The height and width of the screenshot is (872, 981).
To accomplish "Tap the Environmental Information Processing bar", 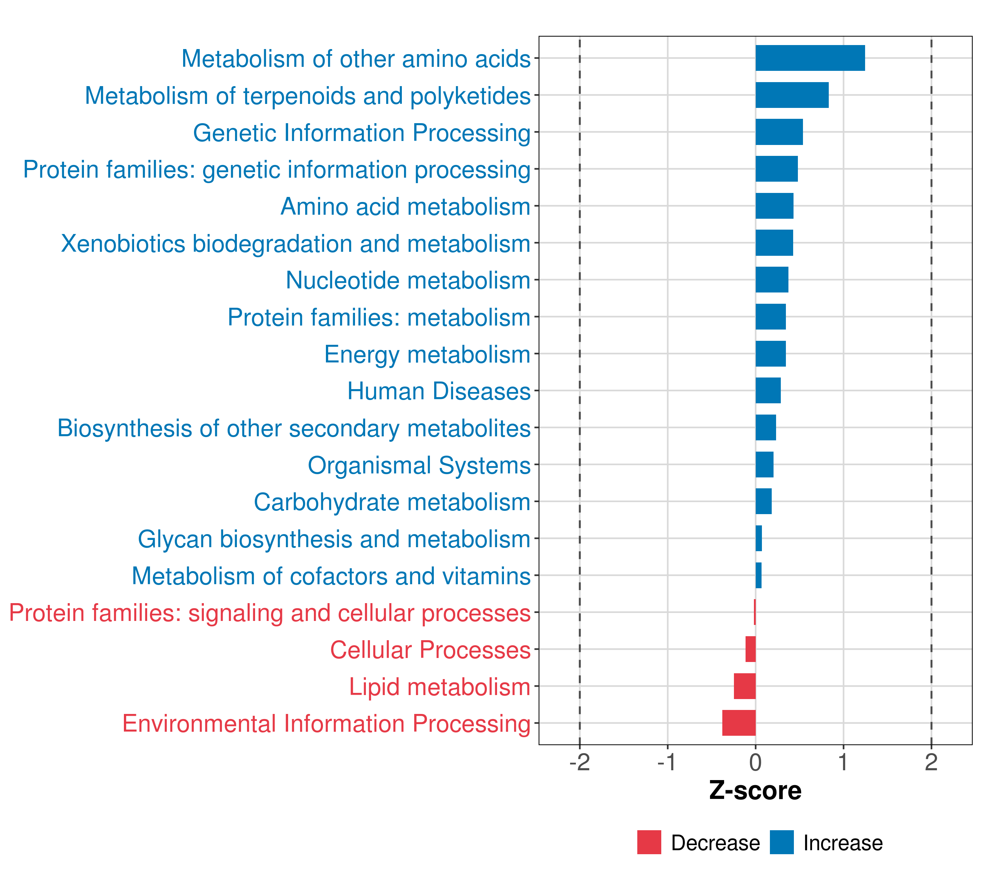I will (739, 723).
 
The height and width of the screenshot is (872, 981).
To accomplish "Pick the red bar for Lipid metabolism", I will (744, 686).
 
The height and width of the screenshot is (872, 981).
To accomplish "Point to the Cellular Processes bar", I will (750, 649).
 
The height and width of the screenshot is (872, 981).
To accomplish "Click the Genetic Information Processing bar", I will (779, 132).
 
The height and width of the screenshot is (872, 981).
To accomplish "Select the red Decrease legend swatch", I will (649, 842).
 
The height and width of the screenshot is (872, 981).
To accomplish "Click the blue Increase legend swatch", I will (781, 842).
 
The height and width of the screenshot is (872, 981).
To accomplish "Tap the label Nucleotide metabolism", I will (408, 280).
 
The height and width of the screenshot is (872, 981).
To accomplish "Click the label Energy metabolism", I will (427, 355).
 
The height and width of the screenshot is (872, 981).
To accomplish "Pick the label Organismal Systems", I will (419, 465).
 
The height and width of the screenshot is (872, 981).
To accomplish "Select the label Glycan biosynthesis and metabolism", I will (334, 539).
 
